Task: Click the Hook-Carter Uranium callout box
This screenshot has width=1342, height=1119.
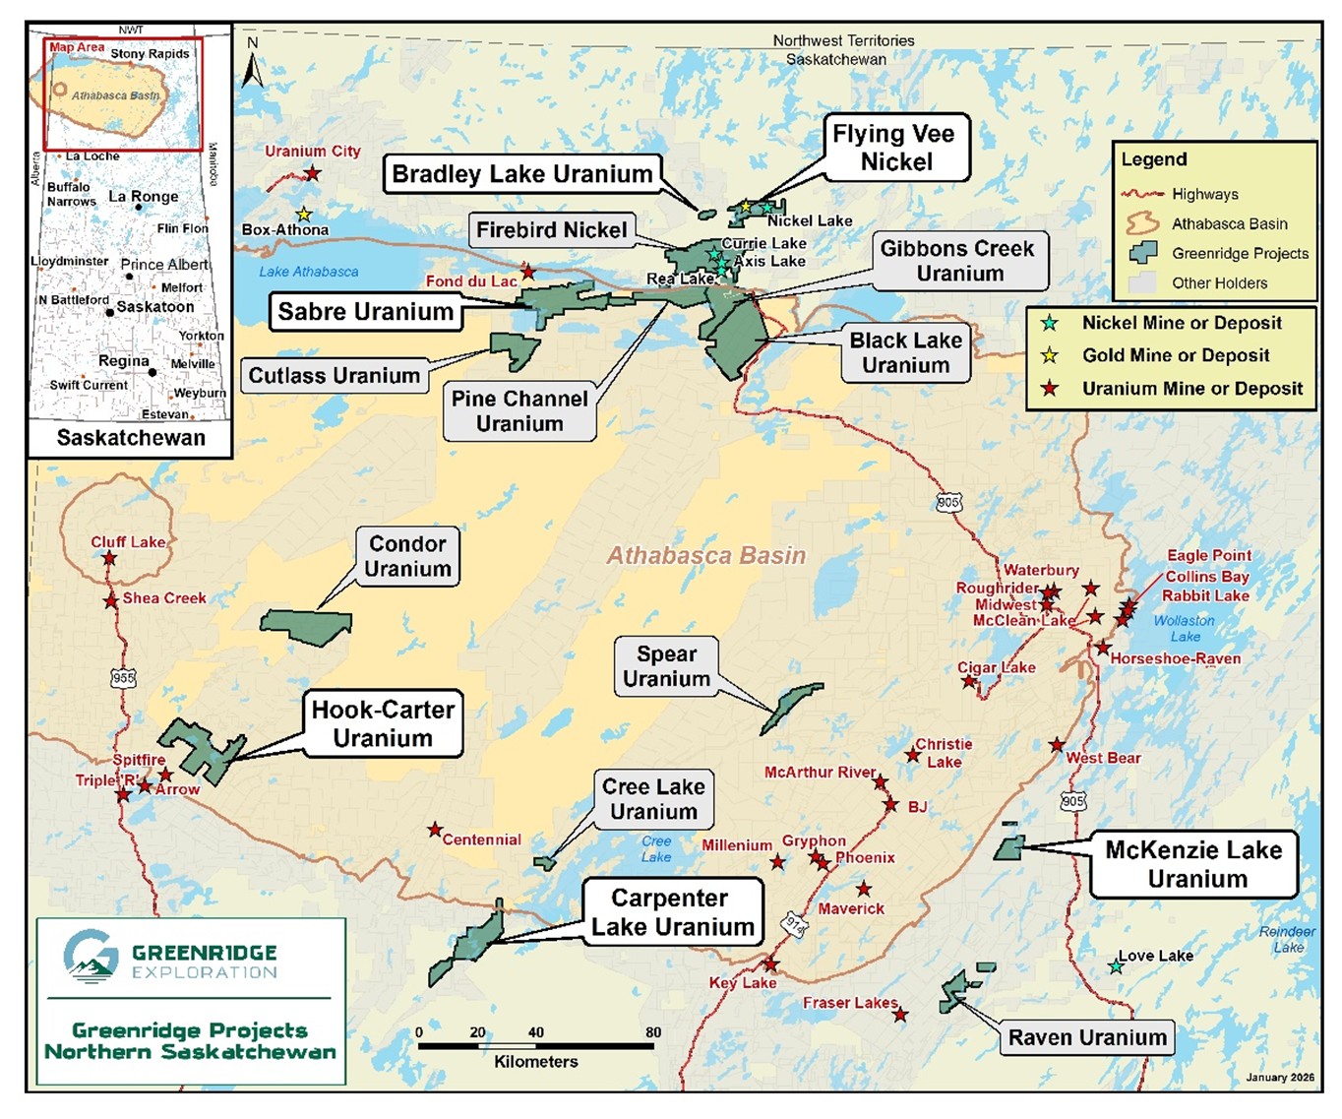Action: [x=383, y=723]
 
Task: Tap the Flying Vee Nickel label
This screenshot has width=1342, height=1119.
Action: [x=895, y=148]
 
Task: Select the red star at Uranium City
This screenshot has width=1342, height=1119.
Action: [x=312, y=173]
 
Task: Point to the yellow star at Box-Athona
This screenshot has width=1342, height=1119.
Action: [x=304, y=215]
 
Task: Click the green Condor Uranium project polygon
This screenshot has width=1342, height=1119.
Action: [x=306, y=626]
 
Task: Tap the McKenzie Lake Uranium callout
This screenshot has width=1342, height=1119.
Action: [x=1193, y=864]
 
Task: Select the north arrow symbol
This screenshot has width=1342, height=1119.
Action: [x=253, y=64]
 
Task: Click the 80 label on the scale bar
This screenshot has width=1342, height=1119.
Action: [x=653, y=1032]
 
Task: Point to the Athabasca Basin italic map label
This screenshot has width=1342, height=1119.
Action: [x=705, y=556]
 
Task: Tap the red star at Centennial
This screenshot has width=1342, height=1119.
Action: [x=434, y=830]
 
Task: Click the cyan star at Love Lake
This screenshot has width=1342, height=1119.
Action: [x=1116, y=966]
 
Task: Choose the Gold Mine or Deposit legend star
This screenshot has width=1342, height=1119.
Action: [x=1050, y=355]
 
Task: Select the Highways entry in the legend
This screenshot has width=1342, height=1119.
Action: [x=1204, y=194]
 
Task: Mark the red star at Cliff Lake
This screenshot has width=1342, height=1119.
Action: [x=109, y=558]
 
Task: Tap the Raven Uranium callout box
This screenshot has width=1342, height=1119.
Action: [x=1087, y=1037]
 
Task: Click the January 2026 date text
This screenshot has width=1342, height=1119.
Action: [x=1279, y=1077]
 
